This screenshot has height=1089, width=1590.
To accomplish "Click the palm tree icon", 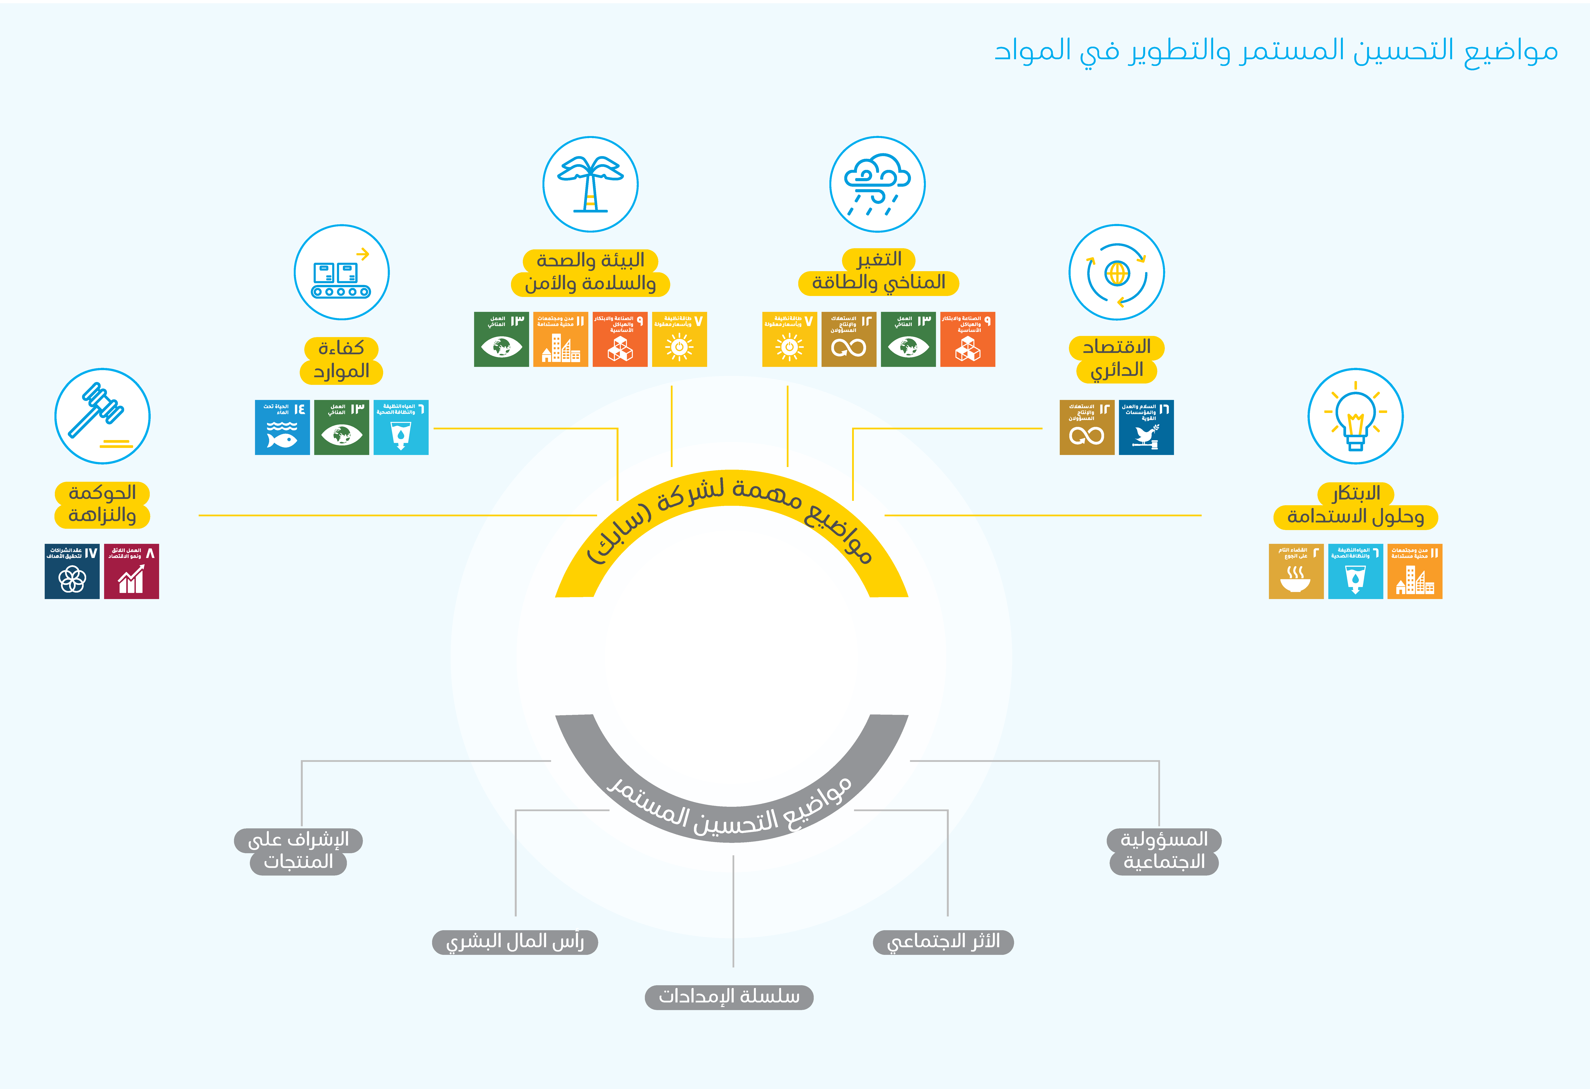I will [x=590, y=184].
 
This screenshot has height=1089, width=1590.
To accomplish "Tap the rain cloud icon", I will [x=877, y=184].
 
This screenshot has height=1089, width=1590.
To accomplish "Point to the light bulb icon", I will [x=1355, y=416].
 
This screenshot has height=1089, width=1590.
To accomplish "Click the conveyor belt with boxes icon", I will [x=341, y=272].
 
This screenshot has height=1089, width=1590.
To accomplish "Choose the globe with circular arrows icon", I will [x=1116, y=272].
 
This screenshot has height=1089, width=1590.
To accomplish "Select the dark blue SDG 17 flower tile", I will [x=72, y=572].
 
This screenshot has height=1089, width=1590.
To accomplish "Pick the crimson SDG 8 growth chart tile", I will [x=131, y=572].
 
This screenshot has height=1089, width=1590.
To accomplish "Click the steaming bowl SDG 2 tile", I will [x=1296, y=572].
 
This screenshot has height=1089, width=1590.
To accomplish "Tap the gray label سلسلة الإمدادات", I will [x=729, y=997].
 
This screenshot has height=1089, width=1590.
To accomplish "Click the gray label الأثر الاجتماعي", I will [x=943, y=942].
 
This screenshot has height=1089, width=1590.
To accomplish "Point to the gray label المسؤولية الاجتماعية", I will [x=1164, y=851].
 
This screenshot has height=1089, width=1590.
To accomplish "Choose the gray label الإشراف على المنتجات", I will [x=298, y=851].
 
